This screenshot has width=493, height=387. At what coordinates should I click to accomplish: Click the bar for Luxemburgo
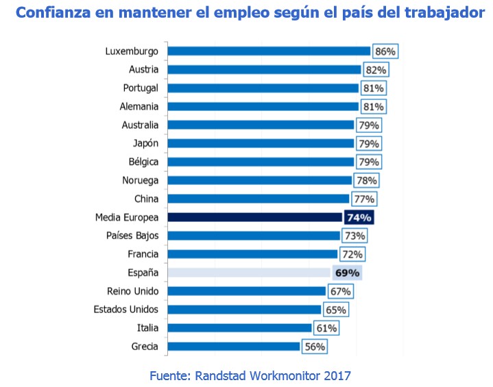click(x=269, y=51)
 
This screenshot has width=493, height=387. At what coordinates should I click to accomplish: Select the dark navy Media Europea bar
click(x=254, y=217)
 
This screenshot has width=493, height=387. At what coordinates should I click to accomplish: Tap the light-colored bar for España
click(x=248, y=273)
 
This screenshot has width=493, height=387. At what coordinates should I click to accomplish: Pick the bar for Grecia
click(x=233, y=347)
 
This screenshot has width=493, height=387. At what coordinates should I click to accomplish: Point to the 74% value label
click(x=359, y=217)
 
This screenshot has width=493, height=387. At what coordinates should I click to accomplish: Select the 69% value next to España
click(x=347, y=273)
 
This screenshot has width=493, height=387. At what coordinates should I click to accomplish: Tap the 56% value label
click(x=314, y=347)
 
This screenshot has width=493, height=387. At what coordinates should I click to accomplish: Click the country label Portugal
click(x=141, y=88)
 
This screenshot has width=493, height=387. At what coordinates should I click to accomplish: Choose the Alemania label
click(x=139, y=106)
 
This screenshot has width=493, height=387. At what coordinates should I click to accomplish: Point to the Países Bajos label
click(x=133, y=236)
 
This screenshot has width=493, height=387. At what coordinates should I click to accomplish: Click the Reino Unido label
click(x=133, y=291)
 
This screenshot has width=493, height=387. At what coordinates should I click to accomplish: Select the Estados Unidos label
click(x=126, y=310)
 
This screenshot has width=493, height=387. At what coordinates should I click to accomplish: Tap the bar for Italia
click(x=239, y=328)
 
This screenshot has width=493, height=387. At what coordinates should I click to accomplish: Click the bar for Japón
click(x=261, y=143)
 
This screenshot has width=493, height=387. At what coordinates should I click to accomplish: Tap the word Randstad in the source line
click(x=226, y=375)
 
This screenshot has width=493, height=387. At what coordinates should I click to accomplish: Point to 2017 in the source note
click(x=335, y=375)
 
